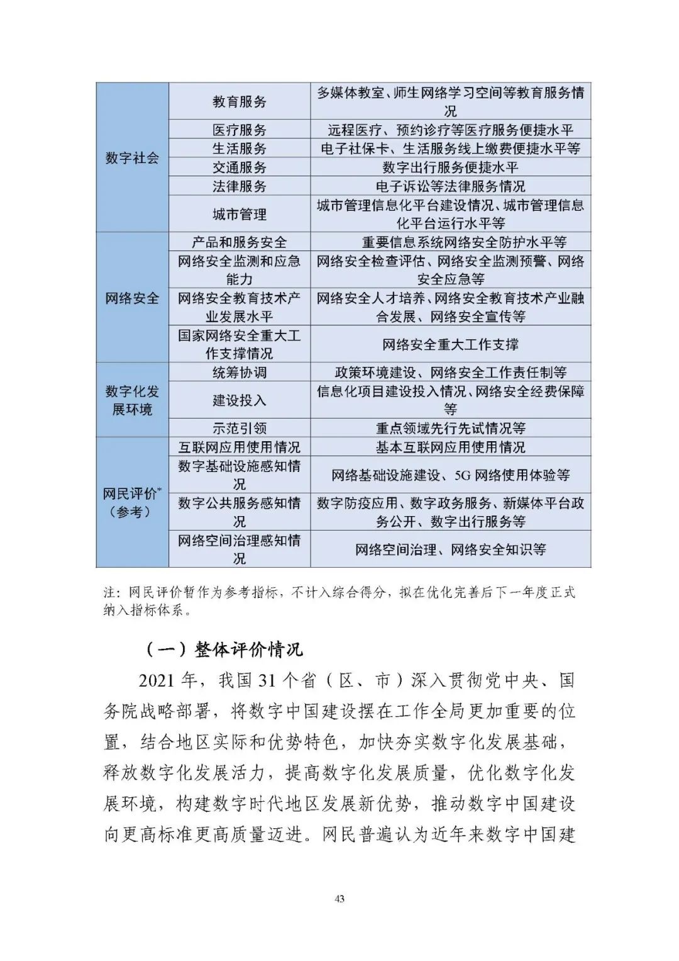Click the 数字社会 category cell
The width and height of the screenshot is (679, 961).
tap(132, 157)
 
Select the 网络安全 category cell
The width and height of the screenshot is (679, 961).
tap(132, 298)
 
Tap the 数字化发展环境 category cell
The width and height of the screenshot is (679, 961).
tap(132, 400)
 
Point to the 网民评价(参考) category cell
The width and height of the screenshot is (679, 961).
tap(132, 503)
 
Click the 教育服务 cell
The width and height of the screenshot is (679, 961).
tap(239, 101)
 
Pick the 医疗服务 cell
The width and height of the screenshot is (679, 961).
tap(239, 130)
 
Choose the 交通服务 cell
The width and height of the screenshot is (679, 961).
tap(239, 167)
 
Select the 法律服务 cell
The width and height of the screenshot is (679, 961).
tap(239, 186)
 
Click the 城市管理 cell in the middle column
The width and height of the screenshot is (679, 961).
tap(239, 214)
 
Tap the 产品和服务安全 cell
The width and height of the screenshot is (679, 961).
tap(239, 242)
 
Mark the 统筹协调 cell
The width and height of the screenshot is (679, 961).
tap(239, 372)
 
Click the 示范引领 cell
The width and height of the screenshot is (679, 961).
tap(239, 428)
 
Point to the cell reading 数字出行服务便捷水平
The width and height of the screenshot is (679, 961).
tap(450, 167)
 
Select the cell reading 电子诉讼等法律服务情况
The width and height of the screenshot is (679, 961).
tap(450, 186)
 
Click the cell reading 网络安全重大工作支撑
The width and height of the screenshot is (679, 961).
tap(450, 344)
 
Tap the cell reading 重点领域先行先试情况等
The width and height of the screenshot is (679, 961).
tap(450, 428)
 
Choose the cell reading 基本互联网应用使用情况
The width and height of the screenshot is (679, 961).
tap(450, 447)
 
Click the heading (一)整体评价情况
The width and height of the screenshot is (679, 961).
tap(224, 649)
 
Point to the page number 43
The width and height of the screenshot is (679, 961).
tap(339, 899)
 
